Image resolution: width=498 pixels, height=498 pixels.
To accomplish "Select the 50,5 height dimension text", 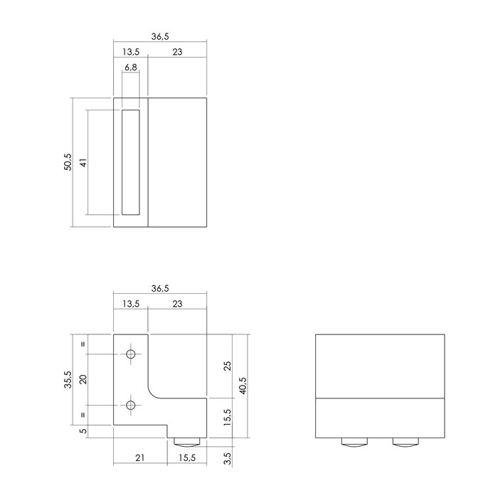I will (68, 162).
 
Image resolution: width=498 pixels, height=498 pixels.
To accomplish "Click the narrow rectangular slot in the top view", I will (130, 162).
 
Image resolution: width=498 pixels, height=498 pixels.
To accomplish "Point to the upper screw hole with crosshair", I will (130, 354).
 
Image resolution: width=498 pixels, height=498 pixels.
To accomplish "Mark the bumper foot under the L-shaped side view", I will (187, 444).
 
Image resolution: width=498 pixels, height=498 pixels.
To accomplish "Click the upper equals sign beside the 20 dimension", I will (83, 344).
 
